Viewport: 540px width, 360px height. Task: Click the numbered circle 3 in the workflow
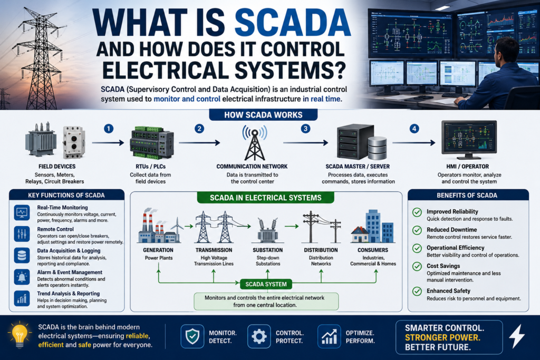pyautogui.click(x=305, y=129)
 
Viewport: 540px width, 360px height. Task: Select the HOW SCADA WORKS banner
pyautogui.click(x=264, y=115)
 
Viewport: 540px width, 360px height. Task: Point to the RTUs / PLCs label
pyautogui.click(x=150, y=167)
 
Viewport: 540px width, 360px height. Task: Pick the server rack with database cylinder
pyautogui.click(x=362, y=142)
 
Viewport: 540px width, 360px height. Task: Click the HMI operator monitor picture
pyautogui.click(x=469, y=139)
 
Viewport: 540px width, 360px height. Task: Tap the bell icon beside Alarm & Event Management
pyautogui.click(x=22, y=277)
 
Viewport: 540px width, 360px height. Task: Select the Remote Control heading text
pyautogui.click(x=55, y=229)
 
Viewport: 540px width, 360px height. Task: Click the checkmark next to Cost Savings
pyautogui.click(x=417, y=266)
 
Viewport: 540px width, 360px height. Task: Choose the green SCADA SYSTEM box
pyautogui.click(x=266, y=284)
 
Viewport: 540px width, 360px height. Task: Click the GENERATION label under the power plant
pyautogui.click(x=158, y=250)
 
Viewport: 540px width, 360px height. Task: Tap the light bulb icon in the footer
pyautogui.click(x=20, y=335)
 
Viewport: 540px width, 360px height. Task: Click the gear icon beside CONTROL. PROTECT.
pyautogui.click(x=259, y=336)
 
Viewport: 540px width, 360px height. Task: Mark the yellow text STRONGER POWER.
pyautogui.click(x=442, y=337)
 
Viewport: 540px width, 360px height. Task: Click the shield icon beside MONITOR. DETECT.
pyautogui.click(x=192, y=336)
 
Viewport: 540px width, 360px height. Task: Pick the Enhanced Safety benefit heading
pyautogui.click(x=448, y=291)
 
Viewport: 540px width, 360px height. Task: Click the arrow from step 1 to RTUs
pyautogui.click(x=108, y=142)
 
